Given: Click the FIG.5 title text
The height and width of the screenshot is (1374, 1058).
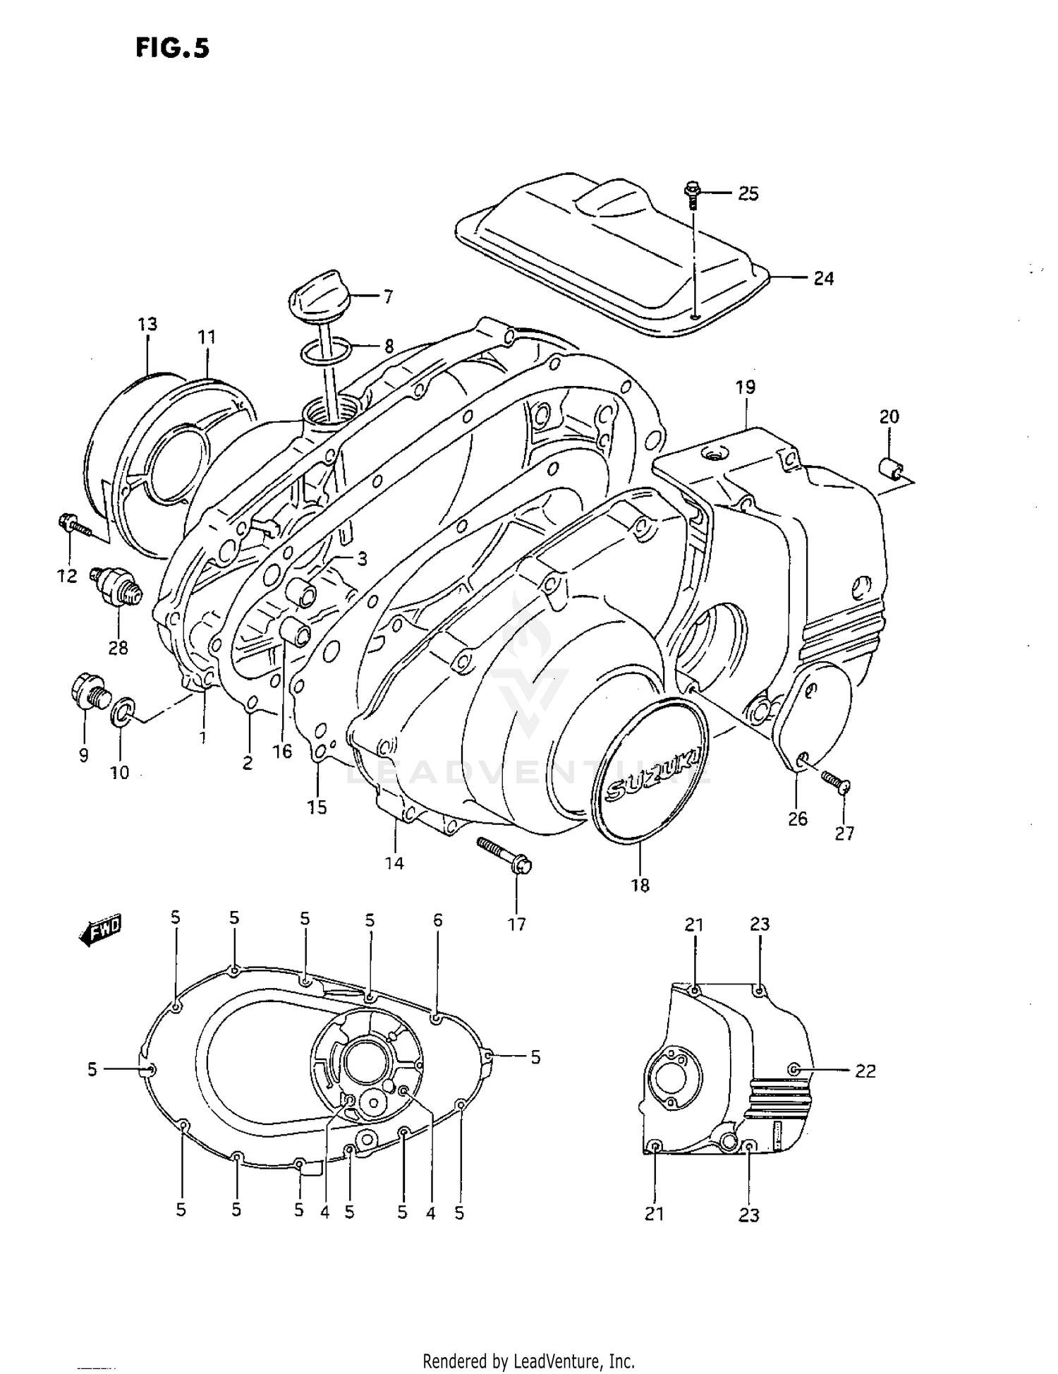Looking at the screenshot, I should tap(173, 48).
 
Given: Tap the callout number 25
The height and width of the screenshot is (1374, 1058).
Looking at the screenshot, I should tap(748, 193).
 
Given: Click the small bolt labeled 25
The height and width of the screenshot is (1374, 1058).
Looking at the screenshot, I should tap(692, 194).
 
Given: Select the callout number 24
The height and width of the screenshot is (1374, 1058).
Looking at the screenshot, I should tap(823, 279).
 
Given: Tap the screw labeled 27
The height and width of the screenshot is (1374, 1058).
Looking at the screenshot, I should tap(837, 781).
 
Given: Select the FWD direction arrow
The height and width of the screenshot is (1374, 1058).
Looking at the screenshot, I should tap(101, 932).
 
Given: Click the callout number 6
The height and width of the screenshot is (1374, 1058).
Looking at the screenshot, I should tap(437, 920).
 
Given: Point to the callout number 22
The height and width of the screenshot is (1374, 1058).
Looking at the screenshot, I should tap(865, 1071).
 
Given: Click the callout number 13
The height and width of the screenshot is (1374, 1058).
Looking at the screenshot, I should tap(147, 324).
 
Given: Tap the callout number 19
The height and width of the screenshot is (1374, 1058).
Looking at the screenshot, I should tap(745, 387).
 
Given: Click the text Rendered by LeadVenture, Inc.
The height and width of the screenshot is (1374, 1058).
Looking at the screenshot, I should tap(528, 1361).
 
